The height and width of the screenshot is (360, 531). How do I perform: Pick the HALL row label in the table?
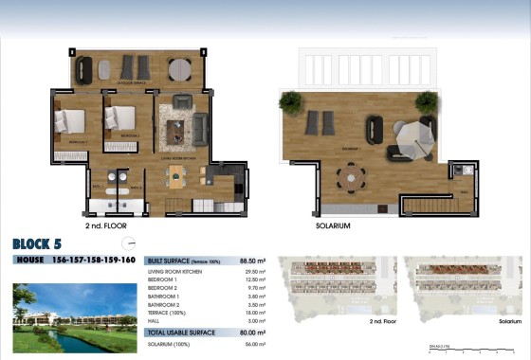(x=154, y=322)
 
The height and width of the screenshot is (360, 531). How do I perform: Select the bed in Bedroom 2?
(x=120, y=117)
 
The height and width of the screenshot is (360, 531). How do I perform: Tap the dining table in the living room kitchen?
(x=179, y=174)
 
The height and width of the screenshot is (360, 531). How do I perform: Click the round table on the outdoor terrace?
(x=179, y=68)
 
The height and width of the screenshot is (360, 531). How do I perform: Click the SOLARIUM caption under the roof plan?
(x=333, y=226)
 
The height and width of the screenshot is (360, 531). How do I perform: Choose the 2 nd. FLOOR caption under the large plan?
(x=105, y=227)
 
